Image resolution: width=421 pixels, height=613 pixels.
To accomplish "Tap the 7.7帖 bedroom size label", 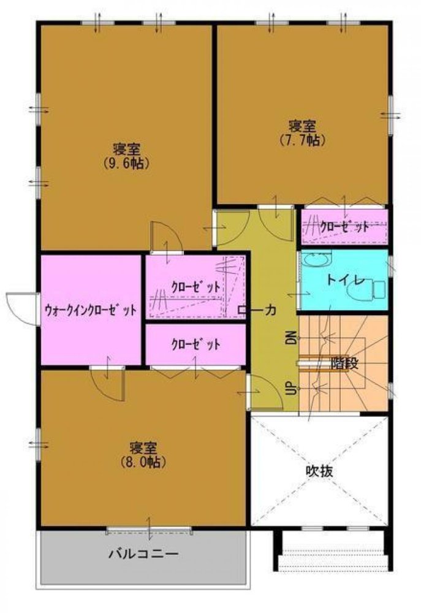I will (302, 140).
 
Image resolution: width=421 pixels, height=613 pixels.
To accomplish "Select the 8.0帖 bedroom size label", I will (144, 461).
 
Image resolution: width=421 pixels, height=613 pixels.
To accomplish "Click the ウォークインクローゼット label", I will (91, 310).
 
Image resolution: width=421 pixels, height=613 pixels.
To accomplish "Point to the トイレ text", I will (346, 280).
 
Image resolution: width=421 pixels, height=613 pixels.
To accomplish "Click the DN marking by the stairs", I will (290, 337).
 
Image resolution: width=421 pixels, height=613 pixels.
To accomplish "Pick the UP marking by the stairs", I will (290, 387).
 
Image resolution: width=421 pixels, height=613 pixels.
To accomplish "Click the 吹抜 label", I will (320, 471).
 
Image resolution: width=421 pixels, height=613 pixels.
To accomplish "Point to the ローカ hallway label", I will (257, 311).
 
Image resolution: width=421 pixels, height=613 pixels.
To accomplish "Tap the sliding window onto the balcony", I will (149, 528).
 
